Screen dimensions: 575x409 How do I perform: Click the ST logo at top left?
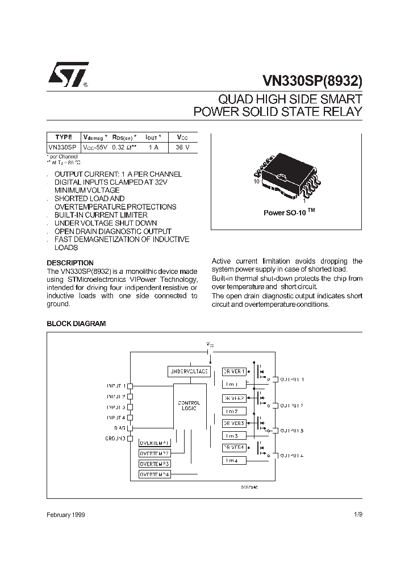(x=68, y=74)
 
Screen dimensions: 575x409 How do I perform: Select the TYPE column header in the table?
(x=64, y=137)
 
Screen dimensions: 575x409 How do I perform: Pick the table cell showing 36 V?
(x=182, y=147)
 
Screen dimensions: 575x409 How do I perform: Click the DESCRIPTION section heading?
(x=70, y=263)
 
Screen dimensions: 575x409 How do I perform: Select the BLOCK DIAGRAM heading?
(x=76, y=323)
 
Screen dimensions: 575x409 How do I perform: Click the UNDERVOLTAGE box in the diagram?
(x=189, y=372)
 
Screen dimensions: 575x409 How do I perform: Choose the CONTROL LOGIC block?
(x=189, y=406)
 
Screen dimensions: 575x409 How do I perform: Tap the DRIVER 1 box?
(x=234, y=372)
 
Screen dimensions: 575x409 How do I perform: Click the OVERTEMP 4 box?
(x=155, y=474)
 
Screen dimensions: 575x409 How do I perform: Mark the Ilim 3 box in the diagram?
(x=234, y=436)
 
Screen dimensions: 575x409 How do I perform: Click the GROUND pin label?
(x=115, y=439)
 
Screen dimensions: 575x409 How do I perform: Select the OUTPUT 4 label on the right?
(x=291, y=455)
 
